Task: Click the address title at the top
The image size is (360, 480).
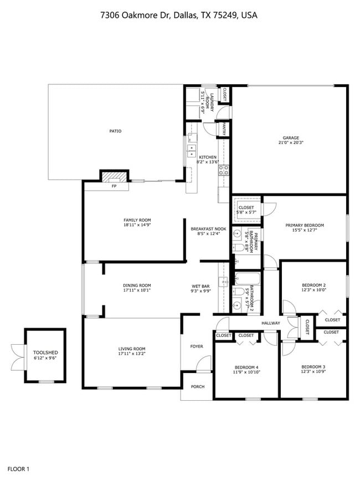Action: tap(179, 16)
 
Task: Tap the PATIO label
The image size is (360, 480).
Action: tap(115, 131)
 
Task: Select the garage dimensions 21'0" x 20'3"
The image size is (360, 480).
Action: tap(291, 143)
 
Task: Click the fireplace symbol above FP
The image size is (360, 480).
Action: tap(114, 177)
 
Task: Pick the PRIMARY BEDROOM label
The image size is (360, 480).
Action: tap(304, 226)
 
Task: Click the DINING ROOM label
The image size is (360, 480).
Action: tap(137, 285)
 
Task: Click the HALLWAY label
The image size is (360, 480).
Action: tap(271, 323)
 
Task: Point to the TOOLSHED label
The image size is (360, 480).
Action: tap(45, 353)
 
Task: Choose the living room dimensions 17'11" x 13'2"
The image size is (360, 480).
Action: tap(132, 354)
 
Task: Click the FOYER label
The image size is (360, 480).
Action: tap(197, 346)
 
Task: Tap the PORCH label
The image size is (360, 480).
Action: tap(197, 387)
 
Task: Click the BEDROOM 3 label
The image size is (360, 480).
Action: tap(313, 367)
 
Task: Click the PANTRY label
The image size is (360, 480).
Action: tap(223, 129)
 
